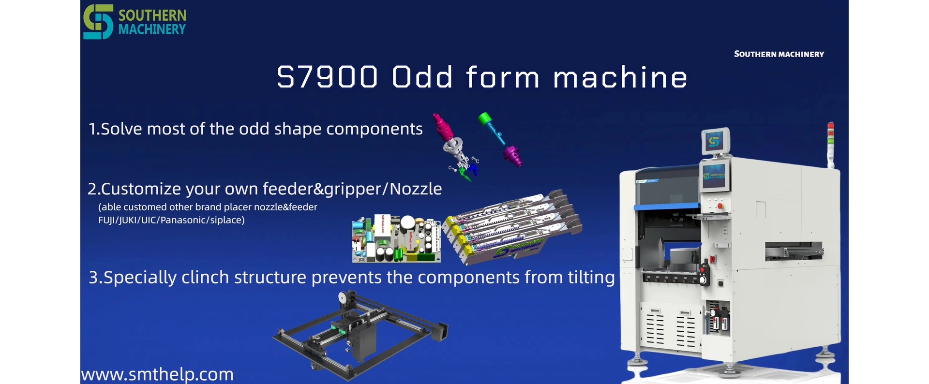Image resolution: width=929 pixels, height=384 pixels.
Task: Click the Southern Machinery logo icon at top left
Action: pos(98,22)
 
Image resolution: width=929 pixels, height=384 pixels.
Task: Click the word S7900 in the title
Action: pos(327,77)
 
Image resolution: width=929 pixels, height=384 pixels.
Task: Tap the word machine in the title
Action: pos(620,77)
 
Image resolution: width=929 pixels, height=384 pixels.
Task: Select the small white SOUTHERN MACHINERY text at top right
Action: pos(779,54)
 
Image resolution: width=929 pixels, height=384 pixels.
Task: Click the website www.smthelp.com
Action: pos(157,374)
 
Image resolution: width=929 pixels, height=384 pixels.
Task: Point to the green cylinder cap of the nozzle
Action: pos(484,119)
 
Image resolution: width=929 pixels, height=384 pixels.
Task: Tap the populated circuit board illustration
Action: pos(396,239)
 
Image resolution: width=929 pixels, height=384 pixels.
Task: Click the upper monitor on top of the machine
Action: pos(716,141)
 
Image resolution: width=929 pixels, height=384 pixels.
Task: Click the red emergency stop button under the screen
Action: pos(720,206)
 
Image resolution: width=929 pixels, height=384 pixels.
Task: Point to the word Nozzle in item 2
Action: pos(416,189)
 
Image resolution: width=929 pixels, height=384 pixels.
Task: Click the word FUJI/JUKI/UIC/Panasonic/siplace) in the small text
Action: pos(171,220)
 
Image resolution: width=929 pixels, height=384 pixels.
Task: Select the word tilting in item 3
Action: pos(591,277)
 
